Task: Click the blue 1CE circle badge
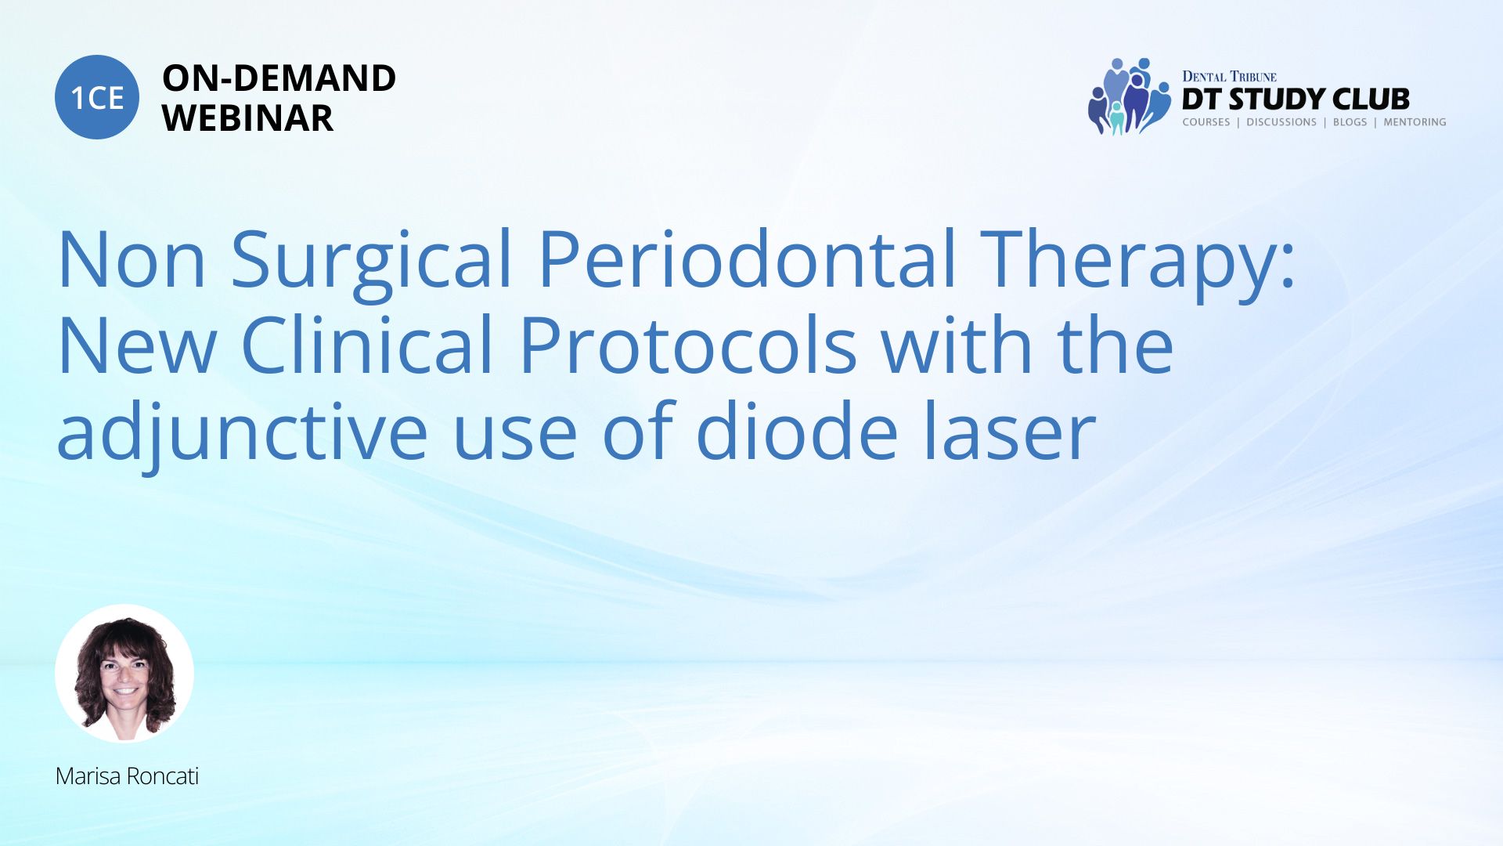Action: point(97,97)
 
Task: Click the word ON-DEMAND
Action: point(279,78)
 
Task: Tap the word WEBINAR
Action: point(247,118)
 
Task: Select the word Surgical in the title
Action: point(371,261)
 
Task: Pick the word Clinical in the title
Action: point(367,345)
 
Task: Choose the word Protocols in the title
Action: point(688,345)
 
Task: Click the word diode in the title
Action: point(796,430)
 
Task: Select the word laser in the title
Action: point(1008,430)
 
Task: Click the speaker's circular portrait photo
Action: point(124,674)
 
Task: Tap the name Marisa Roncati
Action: point(127,776)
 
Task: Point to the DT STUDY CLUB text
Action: point(1296,99)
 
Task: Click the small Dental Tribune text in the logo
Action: point(1229,77)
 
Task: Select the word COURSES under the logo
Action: point(1206,122)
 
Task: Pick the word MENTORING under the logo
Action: point(1415,122)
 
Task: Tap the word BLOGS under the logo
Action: point(1350,122)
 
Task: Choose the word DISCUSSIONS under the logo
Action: point(1281,122)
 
